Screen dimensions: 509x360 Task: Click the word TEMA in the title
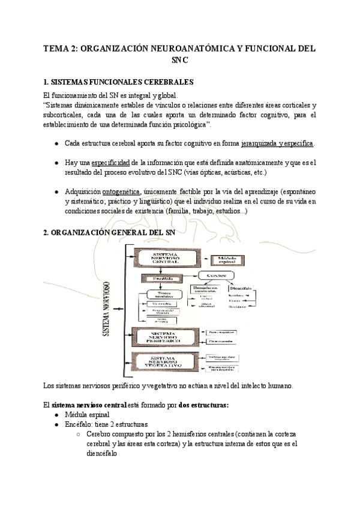click(x=57, y=49)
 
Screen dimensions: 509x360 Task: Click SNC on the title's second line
click(x=180, y=61)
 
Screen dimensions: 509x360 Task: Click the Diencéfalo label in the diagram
click(x=241, y=287)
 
